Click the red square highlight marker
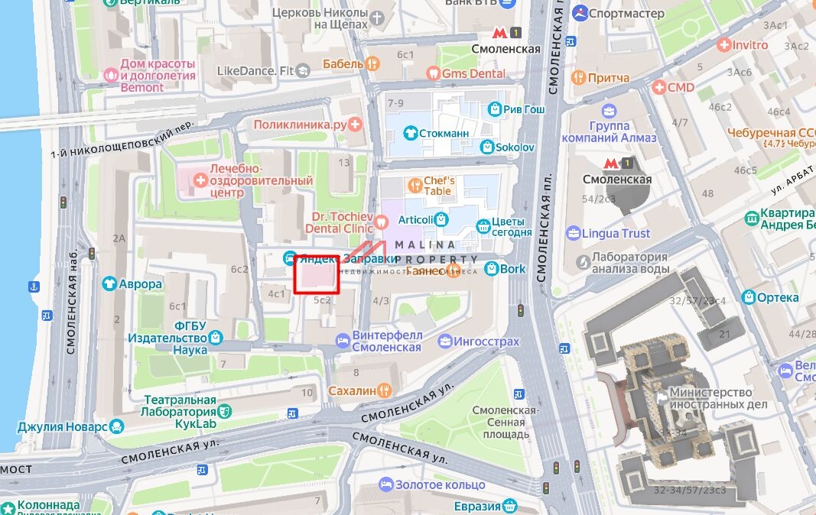pos(317,274)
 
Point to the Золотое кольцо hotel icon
pos(386,484)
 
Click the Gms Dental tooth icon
pos(433,73)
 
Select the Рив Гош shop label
pos(525,109)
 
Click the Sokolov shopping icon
pos(487,146)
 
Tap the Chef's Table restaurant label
pos(439,186)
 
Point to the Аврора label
pos(141,283)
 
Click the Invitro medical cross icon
pos(723,45)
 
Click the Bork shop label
pos(513,269)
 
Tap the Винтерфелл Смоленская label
pos(387,342)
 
